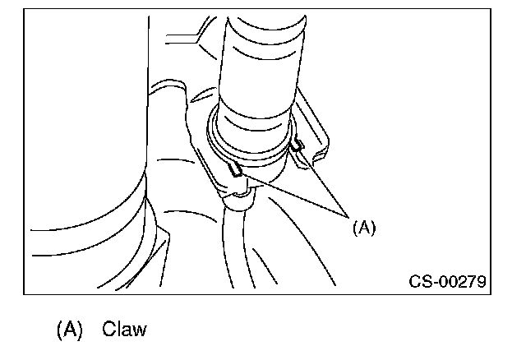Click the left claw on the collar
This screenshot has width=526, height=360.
click(236, 170)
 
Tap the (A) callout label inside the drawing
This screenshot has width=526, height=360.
click(363, 228)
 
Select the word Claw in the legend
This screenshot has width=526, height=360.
click(124, 330)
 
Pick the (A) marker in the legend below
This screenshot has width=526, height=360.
click(70, 330)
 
